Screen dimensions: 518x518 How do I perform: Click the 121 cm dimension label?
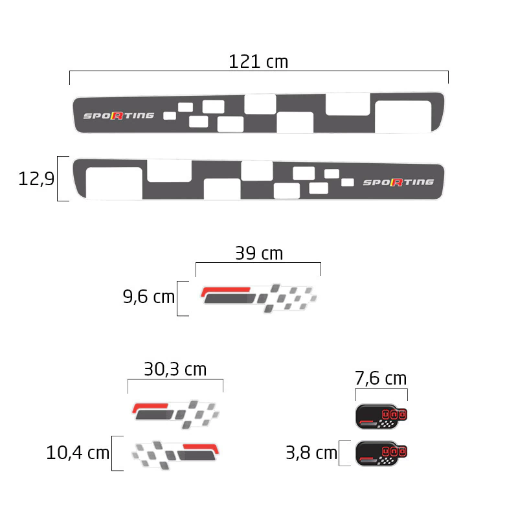258,62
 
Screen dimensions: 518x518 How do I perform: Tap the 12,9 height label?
36,179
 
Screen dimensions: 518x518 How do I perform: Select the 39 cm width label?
259,253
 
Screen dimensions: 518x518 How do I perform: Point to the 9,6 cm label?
149,297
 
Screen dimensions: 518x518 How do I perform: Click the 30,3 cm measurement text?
175,369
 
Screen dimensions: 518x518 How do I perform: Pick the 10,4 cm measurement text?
78,453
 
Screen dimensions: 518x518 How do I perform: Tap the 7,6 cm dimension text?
381,378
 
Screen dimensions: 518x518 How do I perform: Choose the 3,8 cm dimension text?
311,453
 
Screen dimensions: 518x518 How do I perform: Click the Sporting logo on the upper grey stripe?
118,116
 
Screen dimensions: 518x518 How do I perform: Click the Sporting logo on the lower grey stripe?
398,183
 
